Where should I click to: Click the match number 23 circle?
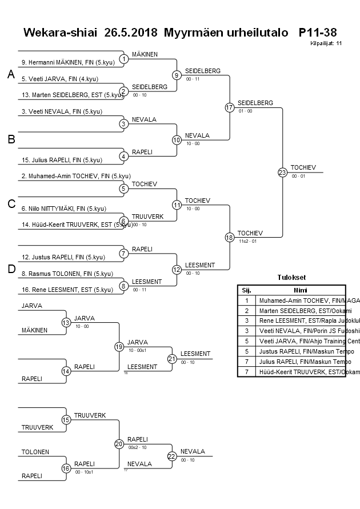pos(282,172)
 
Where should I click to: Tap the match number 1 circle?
pos(123,58)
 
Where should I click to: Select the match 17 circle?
pos(229,107)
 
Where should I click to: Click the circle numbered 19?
pos(119,346)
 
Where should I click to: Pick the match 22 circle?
pos(172,456)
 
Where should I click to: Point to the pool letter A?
pos(10,75)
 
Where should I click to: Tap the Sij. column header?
pos(246,290)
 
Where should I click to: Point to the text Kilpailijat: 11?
pos(326,43)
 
